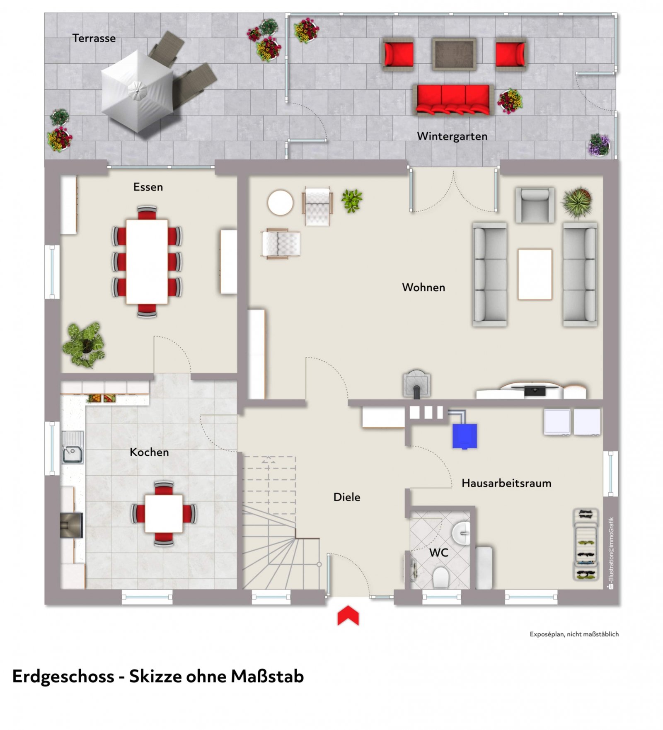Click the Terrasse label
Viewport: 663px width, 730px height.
click(94, 38)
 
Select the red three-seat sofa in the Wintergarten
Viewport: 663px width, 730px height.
click(453, 99)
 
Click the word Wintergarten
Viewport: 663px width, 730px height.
click(452, 136)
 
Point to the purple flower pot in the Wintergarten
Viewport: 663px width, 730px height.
click(599, 145)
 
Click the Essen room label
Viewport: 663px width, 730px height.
click(148, 187)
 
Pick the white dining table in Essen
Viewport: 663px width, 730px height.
click(147, 261)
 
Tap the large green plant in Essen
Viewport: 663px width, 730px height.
click(84, 345)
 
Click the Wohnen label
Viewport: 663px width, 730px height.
click(423, 287)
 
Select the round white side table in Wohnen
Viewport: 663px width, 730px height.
click(281, 203)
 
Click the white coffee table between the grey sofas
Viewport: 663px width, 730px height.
click(535, 274)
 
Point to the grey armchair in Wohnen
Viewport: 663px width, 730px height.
click(535, 205)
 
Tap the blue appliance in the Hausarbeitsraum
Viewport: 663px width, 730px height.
click(465, 436)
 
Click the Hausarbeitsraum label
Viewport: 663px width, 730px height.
click(506, 483)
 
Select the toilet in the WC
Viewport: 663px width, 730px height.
click(441, 577)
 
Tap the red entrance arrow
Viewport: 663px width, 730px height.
click(348, 615)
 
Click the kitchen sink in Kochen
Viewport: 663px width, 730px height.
click(73, 447)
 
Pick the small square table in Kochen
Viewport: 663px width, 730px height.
click(164, 514)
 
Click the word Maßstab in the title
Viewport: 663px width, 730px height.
click(267, 677)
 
